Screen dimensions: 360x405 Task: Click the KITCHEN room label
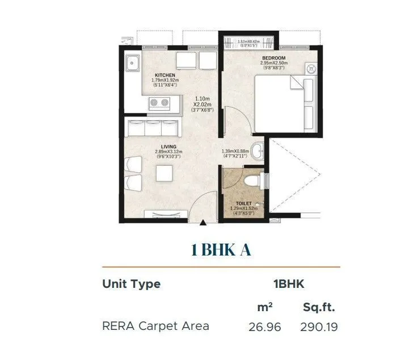(164, 75)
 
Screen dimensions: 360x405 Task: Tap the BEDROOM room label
(274, 58)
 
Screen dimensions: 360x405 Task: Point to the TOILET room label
(244, 203)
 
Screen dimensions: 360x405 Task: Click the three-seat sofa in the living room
(153, 128)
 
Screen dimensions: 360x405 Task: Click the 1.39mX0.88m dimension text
(235, 152)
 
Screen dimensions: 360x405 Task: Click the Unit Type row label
(131, 284)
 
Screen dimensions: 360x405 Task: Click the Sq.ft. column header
(319, 308)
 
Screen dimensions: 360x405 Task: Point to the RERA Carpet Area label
(155, 326)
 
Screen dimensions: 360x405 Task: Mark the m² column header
(265, 307)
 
